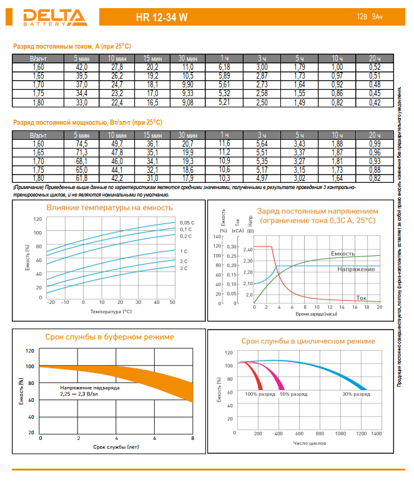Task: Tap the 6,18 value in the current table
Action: click(x=225, y=67)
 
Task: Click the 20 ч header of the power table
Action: click(x=375, y=135)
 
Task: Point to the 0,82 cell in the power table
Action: click(x=375, y=178)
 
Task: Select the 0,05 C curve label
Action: click(x=187, y=223)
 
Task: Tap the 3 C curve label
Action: click(x=184, y=268)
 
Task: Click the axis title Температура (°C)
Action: click(x=111, y=310)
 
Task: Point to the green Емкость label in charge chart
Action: click(x=343, y=254)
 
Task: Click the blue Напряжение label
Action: click(x=357, y=269)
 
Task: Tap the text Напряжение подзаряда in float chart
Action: click(x=90, y=388)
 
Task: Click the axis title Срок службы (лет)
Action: click(x=116, y=447)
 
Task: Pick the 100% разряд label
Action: click(x=260, y=394)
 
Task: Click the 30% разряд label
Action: click(x=355, y=394)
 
